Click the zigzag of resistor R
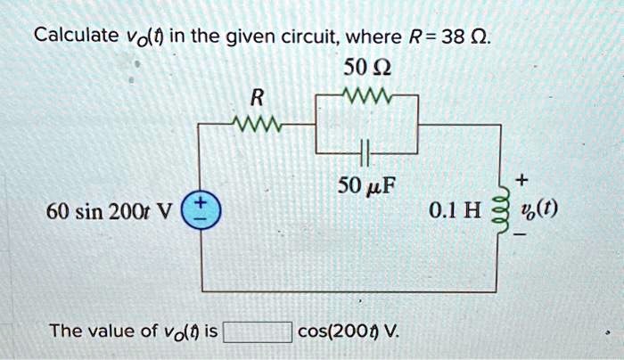[x=257, y=123]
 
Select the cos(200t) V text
[x=349, y=332]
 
